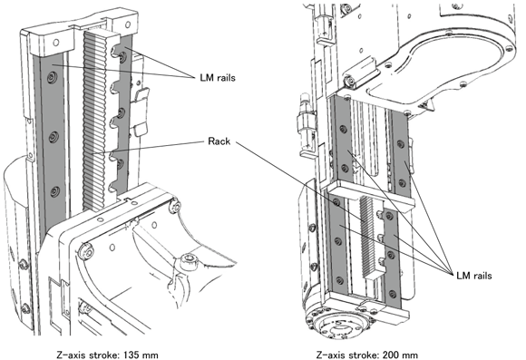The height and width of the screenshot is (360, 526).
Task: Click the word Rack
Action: pos(219,141)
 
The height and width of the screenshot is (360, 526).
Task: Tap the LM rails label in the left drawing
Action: pos(218,78)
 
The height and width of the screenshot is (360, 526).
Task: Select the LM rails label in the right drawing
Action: pos(474,276)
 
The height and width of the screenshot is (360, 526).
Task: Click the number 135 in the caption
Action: pos(131,355)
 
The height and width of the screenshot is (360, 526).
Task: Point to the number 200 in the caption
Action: pos(391,355)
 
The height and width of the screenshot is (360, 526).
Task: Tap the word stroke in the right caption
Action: pos(365,355)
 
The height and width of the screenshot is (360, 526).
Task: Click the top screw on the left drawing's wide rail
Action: pos(52,78)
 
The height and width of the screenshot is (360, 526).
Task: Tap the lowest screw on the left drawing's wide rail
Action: pos(54,192)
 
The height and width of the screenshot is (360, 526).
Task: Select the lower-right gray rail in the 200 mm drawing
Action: pos(391,257)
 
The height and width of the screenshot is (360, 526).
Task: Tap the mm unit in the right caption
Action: pos(410,355)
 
